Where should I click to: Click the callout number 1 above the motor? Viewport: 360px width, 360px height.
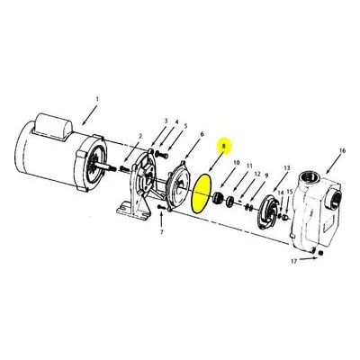[97, 98]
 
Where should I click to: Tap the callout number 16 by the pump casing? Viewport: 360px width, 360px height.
[342, 150]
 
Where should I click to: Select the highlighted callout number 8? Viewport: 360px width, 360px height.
[223, 146]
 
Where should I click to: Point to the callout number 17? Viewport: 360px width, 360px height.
[293, 262]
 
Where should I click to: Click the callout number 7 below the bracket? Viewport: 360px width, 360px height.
[161, 232]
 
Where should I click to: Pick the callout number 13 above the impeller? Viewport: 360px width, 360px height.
[287, 168]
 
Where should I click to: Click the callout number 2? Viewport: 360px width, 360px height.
[139, 137]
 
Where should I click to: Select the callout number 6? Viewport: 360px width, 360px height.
[202, 134]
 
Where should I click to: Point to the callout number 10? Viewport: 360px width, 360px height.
[237, 163]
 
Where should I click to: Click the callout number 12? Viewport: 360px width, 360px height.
[257, 174]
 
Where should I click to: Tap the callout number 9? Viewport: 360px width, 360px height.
[266, 175]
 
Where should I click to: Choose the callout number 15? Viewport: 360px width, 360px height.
[290, 192]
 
